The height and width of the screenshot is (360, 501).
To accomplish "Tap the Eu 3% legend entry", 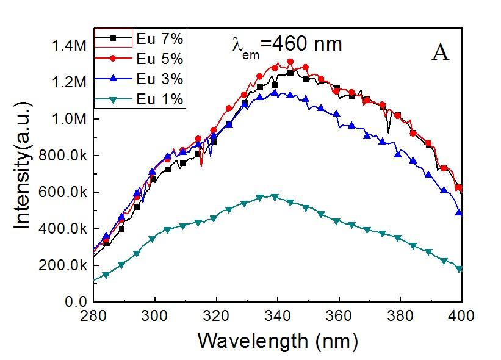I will [x=140, y=79].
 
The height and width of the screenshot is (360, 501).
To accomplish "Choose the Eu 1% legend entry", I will [x=140, y=99].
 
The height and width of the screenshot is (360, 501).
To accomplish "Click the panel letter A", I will [x=441, y=54].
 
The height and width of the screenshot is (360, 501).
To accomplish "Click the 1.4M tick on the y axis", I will [x=69, y=45].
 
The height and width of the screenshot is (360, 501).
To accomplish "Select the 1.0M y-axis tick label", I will [x=69, y=119].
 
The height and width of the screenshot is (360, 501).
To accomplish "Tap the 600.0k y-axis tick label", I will [x=63, y=192].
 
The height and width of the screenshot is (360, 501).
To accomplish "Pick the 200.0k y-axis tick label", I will [x=63, y=265].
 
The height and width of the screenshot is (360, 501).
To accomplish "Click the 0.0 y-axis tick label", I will [x=76, y=302].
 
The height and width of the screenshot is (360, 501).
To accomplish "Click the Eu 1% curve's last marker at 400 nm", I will [x=460, y=269].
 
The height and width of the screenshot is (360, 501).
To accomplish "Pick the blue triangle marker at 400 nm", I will [x=460, y=214].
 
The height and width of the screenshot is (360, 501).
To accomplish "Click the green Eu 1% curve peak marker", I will [x=274, y=197].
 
